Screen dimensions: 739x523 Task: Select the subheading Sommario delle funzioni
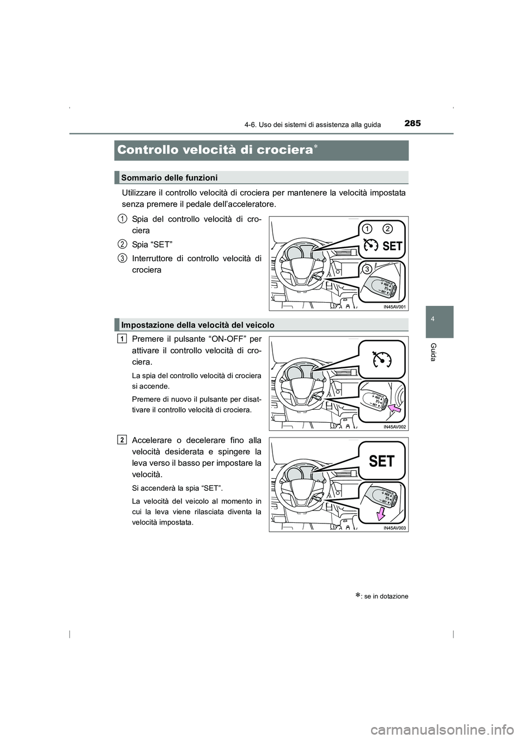[169, 177]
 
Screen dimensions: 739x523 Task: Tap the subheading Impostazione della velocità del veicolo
[198, 325]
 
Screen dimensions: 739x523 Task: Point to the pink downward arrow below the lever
[381, 513]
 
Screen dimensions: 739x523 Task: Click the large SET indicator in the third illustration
[381, 461]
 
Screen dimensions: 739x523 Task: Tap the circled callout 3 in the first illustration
[368, 269]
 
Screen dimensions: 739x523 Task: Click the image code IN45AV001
[394, 307]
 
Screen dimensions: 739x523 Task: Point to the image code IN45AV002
[394, 427]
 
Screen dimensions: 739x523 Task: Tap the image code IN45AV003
[394, 528]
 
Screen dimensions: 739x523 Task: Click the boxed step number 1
[123, 338]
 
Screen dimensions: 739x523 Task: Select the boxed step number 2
[123, 439]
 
